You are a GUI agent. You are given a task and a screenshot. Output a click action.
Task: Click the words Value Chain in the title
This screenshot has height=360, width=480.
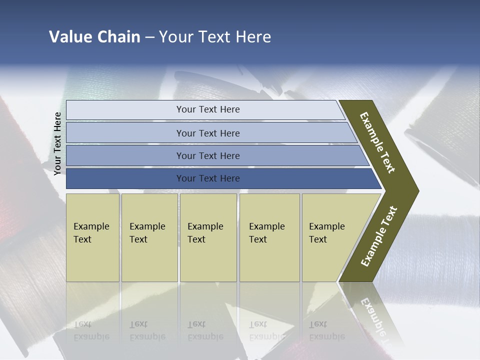(x=94, y=37)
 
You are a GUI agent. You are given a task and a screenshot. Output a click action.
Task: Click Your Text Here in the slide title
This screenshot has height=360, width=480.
(x=215, y=37)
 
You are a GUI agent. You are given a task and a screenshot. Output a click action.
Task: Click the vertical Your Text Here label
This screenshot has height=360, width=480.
(x=57, y=143)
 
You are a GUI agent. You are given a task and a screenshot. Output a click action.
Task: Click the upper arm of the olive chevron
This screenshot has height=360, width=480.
(x=378, y=142)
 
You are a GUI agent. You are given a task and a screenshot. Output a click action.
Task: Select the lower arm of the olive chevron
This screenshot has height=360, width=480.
(x=378, y=236)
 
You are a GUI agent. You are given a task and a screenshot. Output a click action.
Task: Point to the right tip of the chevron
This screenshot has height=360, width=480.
(x=416, y=190)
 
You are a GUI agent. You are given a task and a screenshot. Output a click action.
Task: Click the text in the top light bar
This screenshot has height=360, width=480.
(x=208, y=109)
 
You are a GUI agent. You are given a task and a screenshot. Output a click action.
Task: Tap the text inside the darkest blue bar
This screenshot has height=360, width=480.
(x=208, y=178)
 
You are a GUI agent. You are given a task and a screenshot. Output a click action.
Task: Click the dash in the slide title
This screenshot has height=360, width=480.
(x=149, y=37)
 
